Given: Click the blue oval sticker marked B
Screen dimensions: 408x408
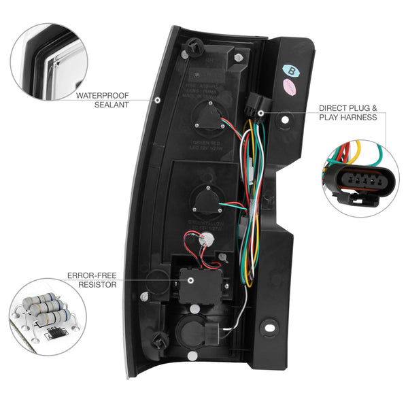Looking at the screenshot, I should pyautogui.click(x=292, y=70).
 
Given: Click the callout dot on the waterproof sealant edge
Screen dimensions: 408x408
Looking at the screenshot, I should pyautogui.click(x=156, y=100).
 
